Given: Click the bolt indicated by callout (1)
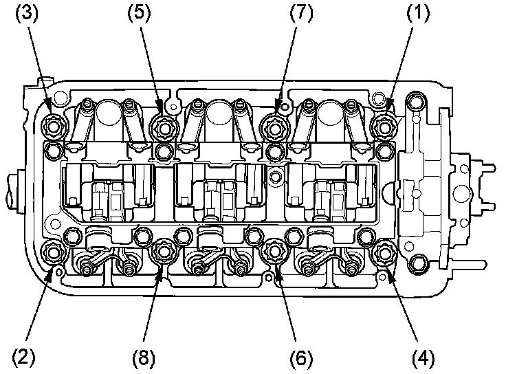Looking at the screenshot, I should click(382, 126).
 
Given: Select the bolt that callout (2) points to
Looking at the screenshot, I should click(54, 252).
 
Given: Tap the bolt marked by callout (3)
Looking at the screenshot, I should click(54, 126).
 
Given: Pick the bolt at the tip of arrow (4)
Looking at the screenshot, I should click(382, 253).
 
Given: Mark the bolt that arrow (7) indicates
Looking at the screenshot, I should click(273, 126).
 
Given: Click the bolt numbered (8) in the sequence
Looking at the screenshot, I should click(164, 252).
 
